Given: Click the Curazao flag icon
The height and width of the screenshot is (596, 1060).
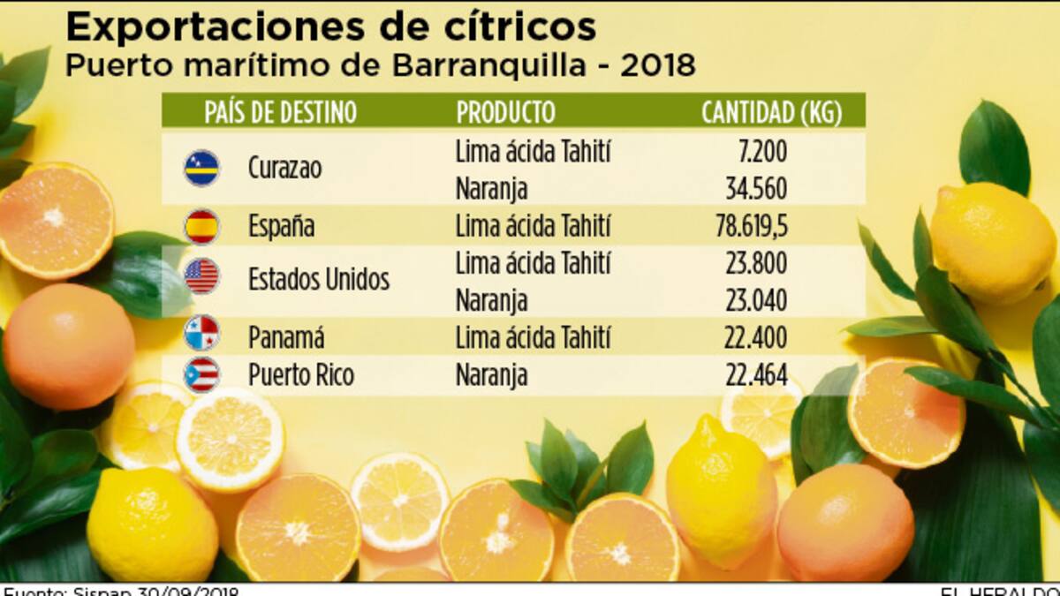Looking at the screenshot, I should coord(201,168).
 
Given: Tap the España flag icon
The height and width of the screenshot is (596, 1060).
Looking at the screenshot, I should coord(201,227).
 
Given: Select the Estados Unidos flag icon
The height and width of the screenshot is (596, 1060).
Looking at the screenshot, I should coord(201,276).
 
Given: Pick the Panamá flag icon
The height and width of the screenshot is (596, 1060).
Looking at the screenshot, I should coord(201,334).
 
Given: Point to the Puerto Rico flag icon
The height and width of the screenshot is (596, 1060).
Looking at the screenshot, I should coord(201,374).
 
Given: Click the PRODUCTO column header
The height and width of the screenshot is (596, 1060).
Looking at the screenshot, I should coord(505,112).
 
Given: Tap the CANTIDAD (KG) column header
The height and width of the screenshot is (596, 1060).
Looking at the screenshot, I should coord(771,112).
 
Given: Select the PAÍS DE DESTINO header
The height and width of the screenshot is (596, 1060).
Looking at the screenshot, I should coord(280,112).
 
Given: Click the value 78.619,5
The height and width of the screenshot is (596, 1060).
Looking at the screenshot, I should coord(752,227).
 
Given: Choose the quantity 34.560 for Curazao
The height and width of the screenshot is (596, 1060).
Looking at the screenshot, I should coord(755,188).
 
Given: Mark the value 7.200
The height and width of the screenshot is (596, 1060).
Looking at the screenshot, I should coord(761,152).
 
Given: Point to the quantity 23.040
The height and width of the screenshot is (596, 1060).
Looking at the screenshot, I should coord(755,300).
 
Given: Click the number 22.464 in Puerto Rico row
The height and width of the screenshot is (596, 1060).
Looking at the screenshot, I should coord(755,374).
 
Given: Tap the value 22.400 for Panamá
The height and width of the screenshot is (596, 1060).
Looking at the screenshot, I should coord(755,337).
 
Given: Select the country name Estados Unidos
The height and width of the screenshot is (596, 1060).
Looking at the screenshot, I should coord(319,280).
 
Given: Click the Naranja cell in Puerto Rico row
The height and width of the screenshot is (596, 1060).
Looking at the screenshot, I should coord(491,374).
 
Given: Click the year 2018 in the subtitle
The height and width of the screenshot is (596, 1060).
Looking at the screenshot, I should coord(658,66).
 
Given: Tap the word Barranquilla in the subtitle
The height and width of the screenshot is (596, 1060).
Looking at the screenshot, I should coord(506,66).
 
